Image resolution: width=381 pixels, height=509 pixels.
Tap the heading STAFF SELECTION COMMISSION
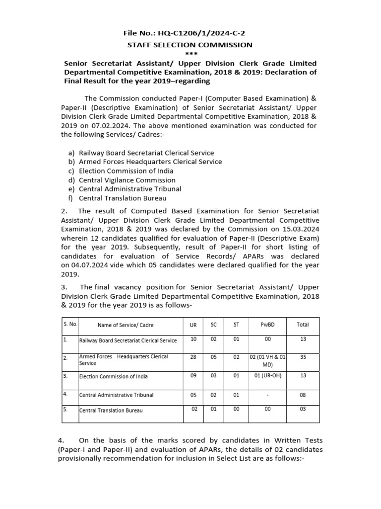coord(190,45)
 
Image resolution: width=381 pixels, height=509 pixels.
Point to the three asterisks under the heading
coord(190,54)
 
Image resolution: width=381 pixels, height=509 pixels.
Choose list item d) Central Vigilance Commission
coord(127,180)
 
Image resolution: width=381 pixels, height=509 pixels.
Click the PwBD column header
coord(267,325)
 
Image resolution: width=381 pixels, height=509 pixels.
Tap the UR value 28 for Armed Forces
coord(193,357)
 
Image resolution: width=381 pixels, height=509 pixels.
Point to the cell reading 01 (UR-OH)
coord(267,376)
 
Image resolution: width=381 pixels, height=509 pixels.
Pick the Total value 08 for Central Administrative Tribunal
coord(302,395)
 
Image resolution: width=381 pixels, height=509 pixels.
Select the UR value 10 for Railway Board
coord(193,339)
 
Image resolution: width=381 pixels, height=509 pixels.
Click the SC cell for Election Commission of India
coord(214,376)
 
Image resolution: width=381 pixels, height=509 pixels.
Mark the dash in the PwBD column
coord(267,395)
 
